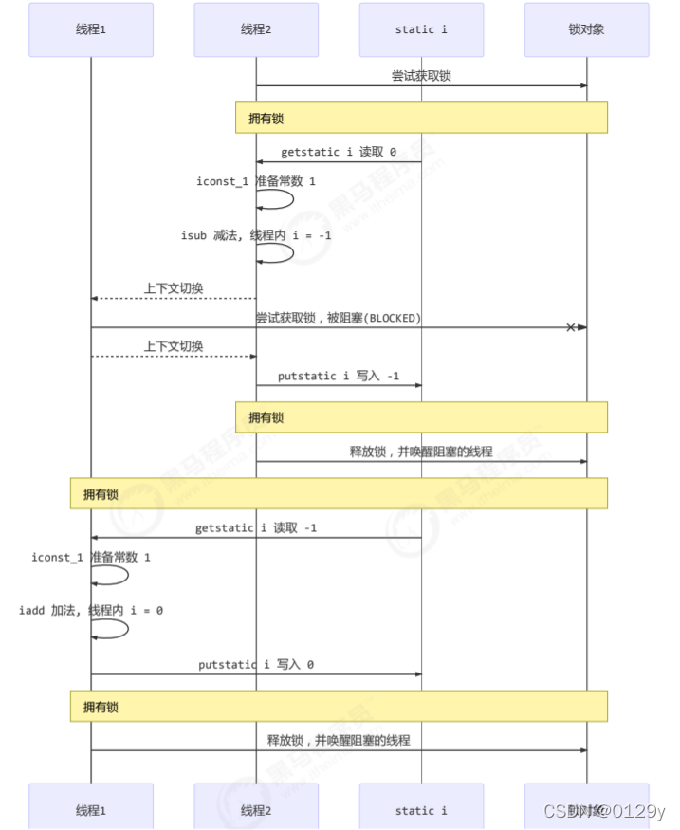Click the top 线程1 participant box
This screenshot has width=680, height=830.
(x=91, y=29)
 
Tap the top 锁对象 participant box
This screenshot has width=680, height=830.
(x=586, y=29)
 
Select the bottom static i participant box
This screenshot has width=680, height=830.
(x=421, y=810)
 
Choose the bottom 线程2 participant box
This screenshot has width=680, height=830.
(x=256, y=810)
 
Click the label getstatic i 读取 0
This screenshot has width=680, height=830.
(x=339, y=152)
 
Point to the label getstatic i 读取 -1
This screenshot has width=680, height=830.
(x=256, y=527)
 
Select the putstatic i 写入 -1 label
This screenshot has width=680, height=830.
(x=339, y=376)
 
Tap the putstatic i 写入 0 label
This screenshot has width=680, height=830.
(x=256, y=665)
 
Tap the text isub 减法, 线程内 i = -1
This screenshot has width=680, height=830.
(x=256, y=234)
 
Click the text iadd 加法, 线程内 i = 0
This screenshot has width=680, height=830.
(x=91, y=610)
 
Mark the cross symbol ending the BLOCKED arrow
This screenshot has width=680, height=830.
(x=571, y=327)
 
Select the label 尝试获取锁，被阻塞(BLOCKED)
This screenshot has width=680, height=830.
(x=338, y=318)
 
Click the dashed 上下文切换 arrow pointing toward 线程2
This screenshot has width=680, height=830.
(x=174, y=357)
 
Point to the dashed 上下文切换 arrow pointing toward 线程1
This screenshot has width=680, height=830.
(x=174, y=298)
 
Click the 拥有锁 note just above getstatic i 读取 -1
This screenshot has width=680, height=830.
(x=339, y=494)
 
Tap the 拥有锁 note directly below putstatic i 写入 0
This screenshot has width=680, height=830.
(x=339, y=707)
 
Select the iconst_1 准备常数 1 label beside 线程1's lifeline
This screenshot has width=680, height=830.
(x=91, y=557)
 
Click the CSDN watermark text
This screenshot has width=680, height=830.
(x=603, y=810)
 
